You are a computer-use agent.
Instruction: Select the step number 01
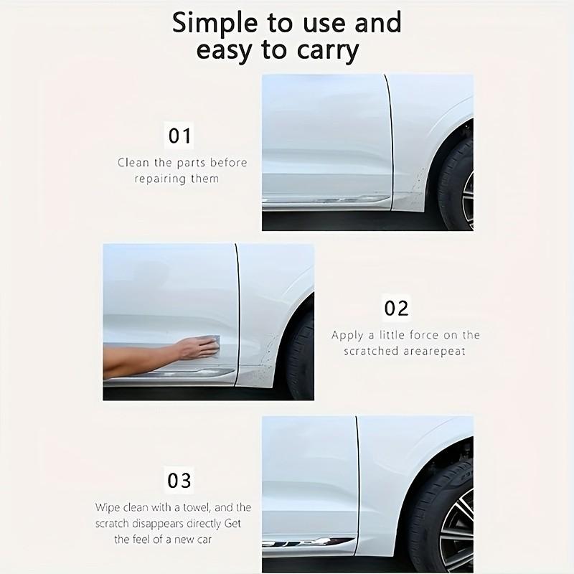[x=180, y=135]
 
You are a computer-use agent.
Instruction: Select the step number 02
[x=396, y=308]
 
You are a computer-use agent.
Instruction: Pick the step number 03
[x=179, y=479]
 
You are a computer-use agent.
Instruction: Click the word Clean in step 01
[x=133, y=162]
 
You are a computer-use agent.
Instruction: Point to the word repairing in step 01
[x=162, y=178]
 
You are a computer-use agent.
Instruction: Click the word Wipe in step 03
[x=109, y=507]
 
